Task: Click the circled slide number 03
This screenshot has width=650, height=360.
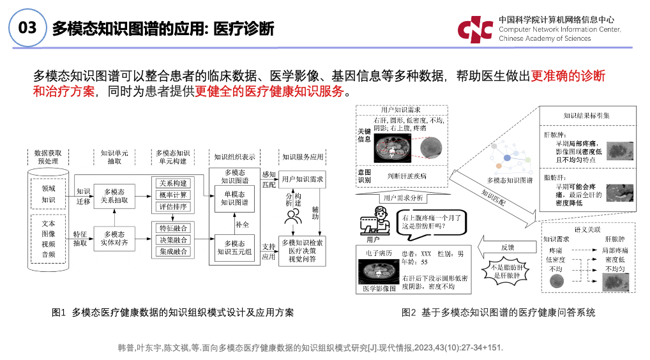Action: pyautogui.click(x=27, y=27)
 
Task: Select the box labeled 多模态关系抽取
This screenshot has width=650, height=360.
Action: pyautogui.click(x=114, y=195)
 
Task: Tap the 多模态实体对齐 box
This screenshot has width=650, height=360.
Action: pyautogui.click(x=114, y=239)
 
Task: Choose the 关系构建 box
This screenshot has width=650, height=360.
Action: pyautogui.click(x=172, y=183)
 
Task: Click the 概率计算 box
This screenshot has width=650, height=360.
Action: pyautogui.click(x=172, y=195)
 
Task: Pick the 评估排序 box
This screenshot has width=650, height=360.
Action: pyautogui.click(x=172, y=206)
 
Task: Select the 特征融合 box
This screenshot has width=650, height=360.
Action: pyautogui.click(x=172, y=228)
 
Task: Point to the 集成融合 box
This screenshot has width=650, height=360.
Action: pyautogui.click(x=172, y=251)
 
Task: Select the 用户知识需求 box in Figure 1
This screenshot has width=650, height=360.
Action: pyautogui.click(x=302, y=179)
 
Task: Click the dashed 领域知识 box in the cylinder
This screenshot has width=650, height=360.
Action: pyautogui.click(x=49, y=193)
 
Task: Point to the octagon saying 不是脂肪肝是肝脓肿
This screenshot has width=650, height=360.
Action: pyautogui.click(x=508, y=270)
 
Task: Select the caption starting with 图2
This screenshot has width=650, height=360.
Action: pyautogui.click(x=498, y=313)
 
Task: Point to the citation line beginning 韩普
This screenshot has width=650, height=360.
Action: pyautogui.click(x=310, y=348)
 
